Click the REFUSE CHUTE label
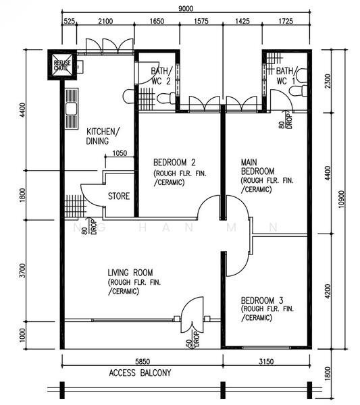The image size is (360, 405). (x=62, y=65)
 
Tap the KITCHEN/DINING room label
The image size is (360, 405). (x=103, y=136)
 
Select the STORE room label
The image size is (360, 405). (x=119, y=196)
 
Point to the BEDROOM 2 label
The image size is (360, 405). (x=174, y=163)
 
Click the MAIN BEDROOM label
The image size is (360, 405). (x=257, y=167)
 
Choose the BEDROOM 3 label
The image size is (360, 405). (x=262, y=300)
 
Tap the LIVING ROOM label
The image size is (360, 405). (x=130, y=273)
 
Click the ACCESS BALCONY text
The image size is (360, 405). (x=140, y=373)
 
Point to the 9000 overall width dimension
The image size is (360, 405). (x=186, y=9)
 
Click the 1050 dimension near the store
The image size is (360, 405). (x=120, y=153)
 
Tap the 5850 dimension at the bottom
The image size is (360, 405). (x=143, y=361)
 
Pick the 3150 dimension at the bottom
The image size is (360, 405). (x=266, y=361)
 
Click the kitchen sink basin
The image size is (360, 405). (x=71, y=109)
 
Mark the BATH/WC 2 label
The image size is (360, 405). (x=161, y=76)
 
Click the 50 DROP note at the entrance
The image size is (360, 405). (x=193, y=340)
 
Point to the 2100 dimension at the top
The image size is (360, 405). (x=105, y=21)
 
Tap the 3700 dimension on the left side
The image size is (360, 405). (x=23, y=271)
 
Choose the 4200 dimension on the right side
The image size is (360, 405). (x=327, y=292)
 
